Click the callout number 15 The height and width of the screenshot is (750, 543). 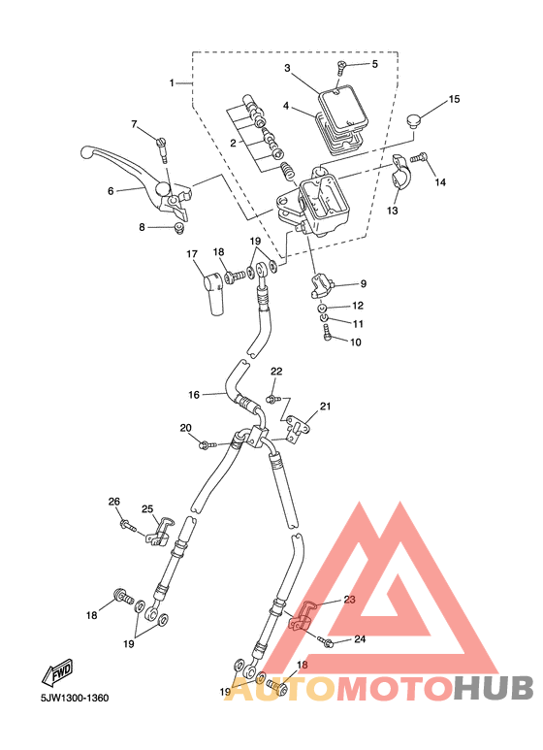pyautogui.click(x=454, y=99)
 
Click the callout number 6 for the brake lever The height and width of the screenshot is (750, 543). pyautogui.click(x=111, y=191)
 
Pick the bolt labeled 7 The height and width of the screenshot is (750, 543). pyautogui.click(x=162, y=148)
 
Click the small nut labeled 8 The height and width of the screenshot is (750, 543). pyautogui.click(x=179, y=228)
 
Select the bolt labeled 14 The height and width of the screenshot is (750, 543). pyautogui.click(x=419, y=157)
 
